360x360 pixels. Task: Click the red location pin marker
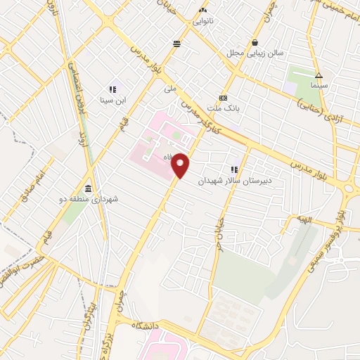click(181, 165)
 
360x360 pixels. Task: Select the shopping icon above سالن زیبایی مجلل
click(264, 42)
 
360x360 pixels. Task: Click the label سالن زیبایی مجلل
click(255, 53)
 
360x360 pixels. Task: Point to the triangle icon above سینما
click(319, 75)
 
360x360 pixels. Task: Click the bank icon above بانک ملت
click(223, 98)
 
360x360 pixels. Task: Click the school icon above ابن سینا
click(112, 89)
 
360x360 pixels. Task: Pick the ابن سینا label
click(112, 101)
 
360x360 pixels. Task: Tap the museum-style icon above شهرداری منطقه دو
click(87, 189)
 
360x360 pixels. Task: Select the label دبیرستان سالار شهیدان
click(233, 181)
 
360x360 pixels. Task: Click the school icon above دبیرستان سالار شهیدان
click(234, 169)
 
